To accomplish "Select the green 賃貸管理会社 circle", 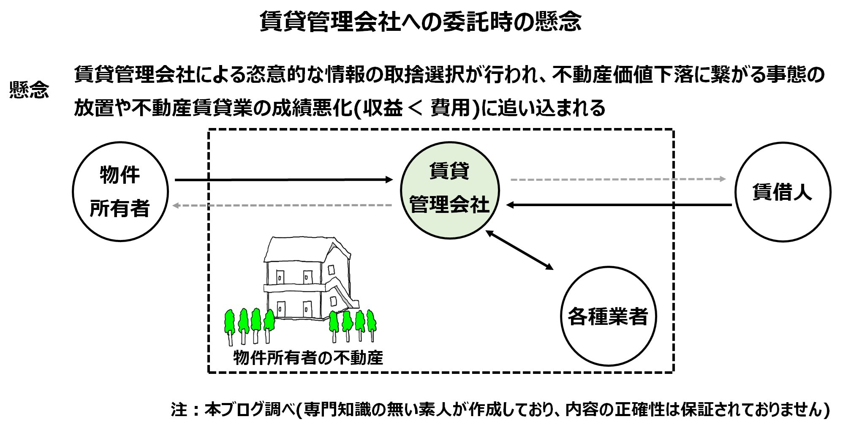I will coord(449,191).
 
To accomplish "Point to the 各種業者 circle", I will coord(608,316).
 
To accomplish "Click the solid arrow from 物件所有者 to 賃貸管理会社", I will coord(283,180).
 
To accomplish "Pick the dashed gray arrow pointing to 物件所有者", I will coord(283,205).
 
